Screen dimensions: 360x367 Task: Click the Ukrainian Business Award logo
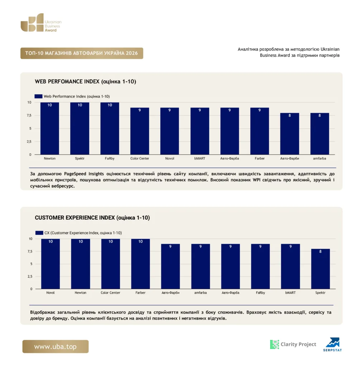(41, 23)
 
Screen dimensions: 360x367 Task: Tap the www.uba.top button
(56, 347)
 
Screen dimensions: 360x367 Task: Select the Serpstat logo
(333, 344)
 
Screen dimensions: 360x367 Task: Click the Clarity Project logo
(293, 344)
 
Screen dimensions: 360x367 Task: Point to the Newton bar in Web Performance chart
(49, 129)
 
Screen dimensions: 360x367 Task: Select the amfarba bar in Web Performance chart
(320, 134)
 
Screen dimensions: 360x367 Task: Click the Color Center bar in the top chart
(139, 131)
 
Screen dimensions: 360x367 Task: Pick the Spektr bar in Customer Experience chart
(321, 269)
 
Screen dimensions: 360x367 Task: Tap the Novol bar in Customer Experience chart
(50, 264)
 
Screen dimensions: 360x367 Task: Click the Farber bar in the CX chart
(141, 264)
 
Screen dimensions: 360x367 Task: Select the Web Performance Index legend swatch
(38, 96)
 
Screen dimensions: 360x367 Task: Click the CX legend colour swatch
(39, 233)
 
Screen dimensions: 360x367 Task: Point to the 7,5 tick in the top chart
(29, 115)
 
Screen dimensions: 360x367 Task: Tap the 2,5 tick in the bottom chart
(30, 276)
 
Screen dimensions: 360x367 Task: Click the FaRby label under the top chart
(110, 158)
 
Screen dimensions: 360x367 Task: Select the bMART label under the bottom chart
(290, 292)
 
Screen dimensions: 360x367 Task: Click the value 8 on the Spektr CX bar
(321, 251)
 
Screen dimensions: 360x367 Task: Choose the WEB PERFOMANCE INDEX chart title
(85, 81)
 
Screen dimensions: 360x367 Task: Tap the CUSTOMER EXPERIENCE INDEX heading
(92, 218)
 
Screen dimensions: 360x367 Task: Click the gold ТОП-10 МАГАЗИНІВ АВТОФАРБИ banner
(82, 53)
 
